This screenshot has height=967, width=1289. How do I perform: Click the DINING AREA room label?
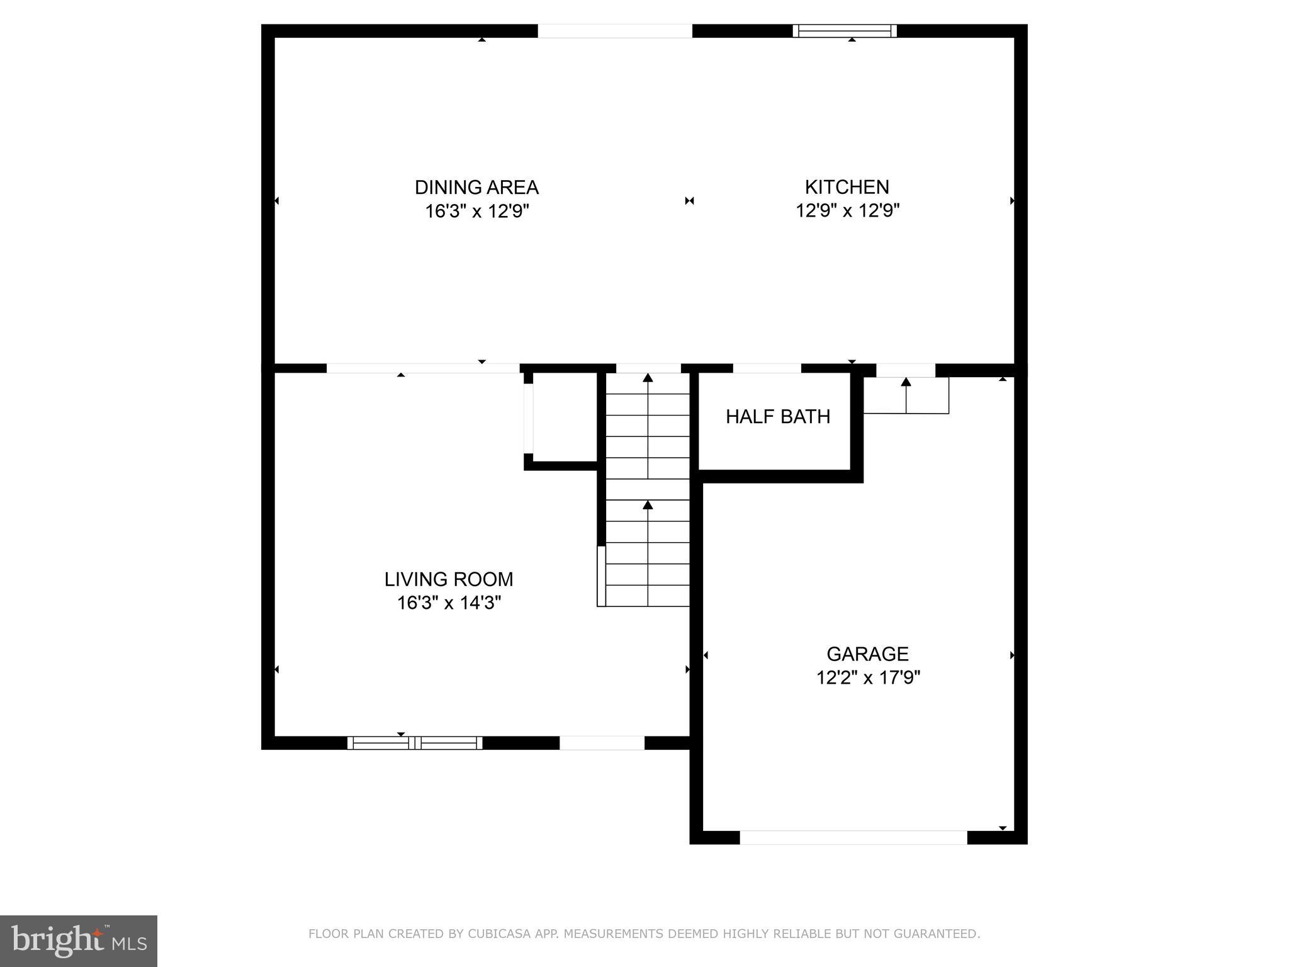click(x=476, y=187)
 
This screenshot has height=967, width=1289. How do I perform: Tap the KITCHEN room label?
click(x=847, y=187)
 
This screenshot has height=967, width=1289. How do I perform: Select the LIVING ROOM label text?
click(x=449, y=579)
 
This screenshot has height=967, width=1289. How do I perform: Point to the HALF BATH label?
click(x=778, y=417)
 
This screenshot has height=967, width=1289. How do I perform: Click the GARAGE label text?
click(x=867, y=654)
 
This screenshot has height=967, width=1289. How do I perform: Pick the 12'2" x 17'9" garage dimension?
click(x=868, y=678)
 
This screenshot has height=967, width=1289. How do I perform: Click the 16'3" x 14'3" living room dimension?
click(x=449, y=603)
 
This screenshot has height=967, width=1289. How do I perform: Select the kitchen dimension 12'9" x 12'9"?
click(x=847, y=211)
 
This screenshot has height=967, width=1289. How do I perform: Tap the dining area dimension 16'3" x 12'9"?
click(x=476, y=211)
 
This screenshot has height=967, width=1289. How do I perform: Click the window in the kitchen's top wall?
click(x=845, y=31)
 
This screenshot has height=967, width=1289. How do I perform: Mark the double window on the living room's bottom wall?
click(x=415, y=743)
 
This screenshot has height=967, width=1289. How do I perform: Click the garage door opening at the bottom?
click(x=853, y=837)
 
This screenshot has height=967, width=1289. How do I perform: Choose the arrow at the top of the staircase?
click(x=648, y=378)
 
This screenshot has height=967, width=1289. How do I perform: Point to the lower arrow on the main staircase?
click(x=648, y=506)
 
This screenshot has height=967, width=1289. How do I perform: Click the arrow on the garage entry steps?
click(x=906, y=382)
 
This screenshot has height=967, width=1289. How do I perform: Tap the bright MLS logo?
click(x=79, y=941)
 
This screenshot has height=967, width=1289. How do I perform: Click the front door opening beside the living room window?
click(x=602, y=743)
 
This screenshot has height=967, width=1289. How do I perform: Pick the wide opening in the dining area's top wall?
click(x=614, y=31)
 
